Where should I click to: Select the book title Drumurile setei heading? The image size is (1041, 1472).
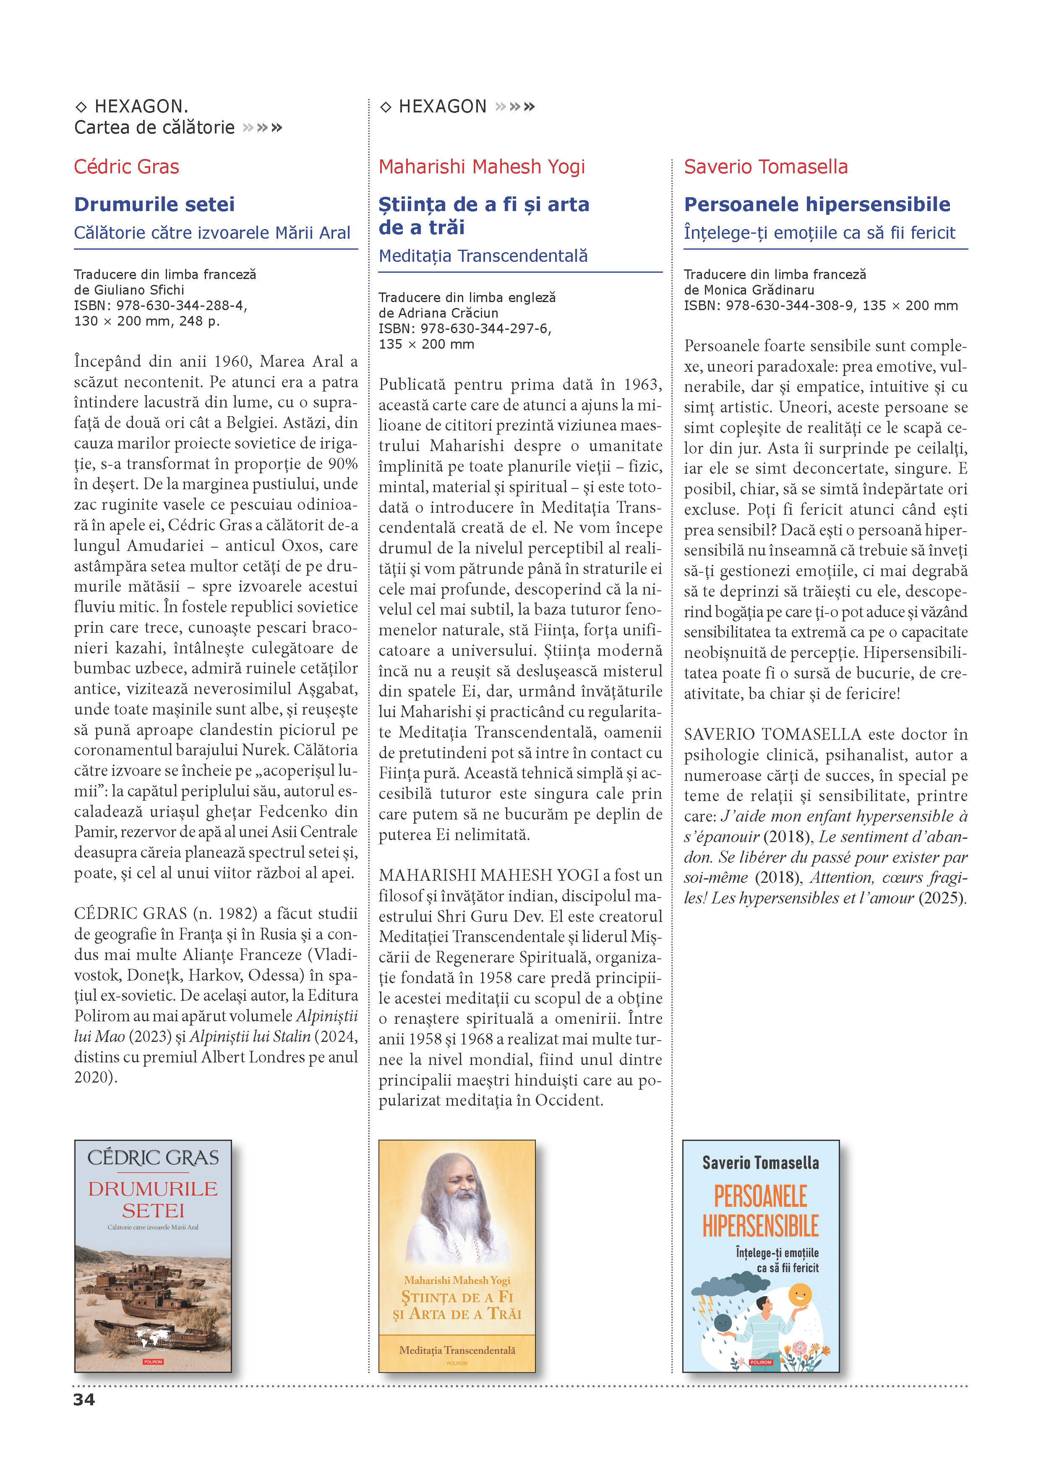[154, 204]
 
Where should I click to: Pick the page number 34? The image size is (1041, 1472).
[84, 1399]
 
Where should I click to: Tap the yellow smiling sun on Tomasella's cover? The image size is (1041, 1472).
[799, 1295]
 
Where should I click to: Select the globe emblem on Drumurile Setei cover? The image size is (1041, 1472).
[153, 1338]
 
